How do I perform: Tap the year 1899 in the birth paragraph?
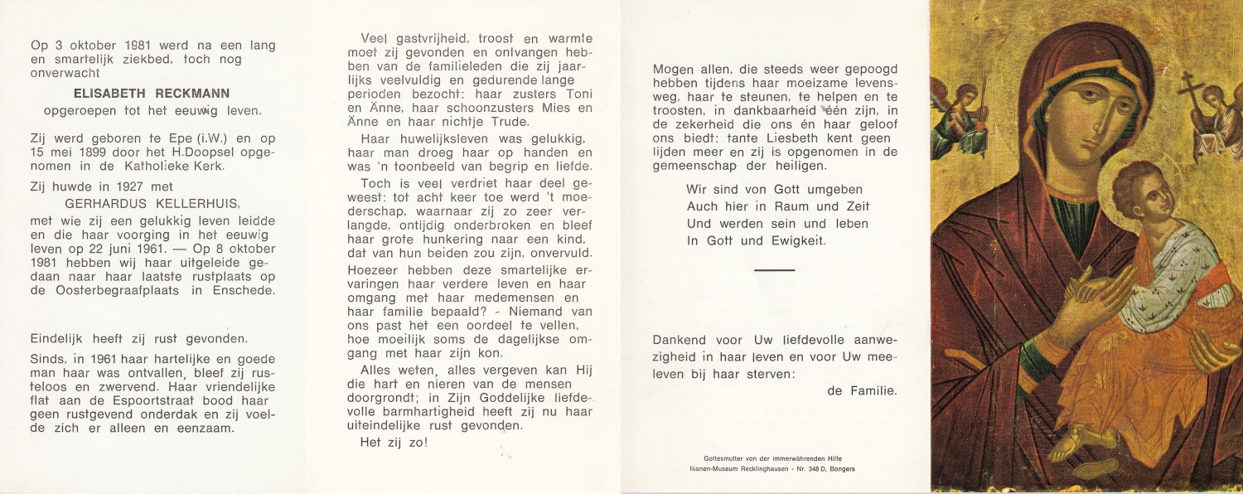(x=110, y=152)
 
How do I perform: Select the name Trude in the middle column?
(x=507, y=123)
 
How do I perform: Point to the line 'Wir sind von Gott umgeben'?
(x=774, y=190)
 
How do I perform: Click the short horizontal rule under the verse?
(x=775, y=270)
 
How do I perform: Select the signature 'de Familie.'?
(x=862, y=390)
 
